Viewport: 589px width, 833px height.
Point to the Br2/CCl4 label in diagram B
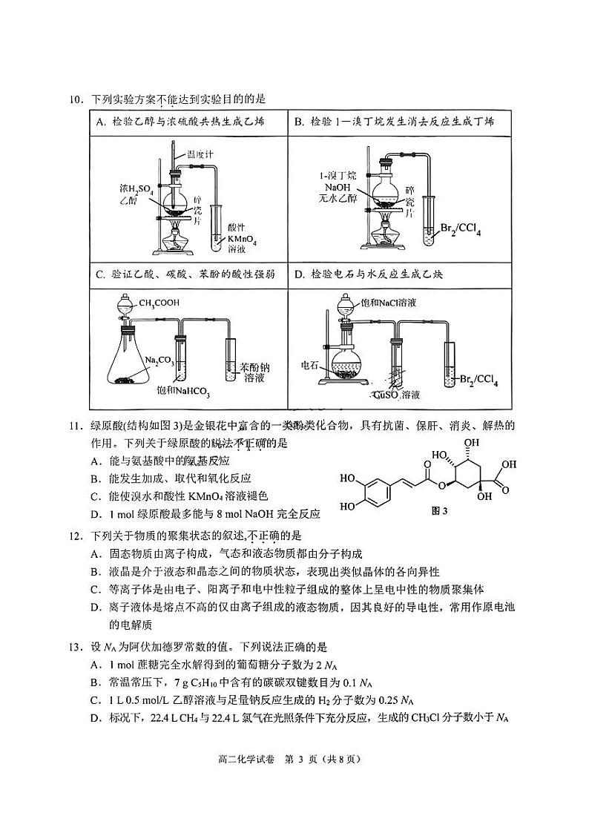pos(460,231)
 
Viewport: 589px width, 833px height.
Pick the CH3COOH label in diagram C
pos(159,302)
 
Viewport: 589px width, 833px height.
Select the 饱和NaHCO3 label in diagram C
pos(182,390)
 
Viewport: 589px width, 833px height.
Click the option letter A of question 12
pos(94,553)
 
